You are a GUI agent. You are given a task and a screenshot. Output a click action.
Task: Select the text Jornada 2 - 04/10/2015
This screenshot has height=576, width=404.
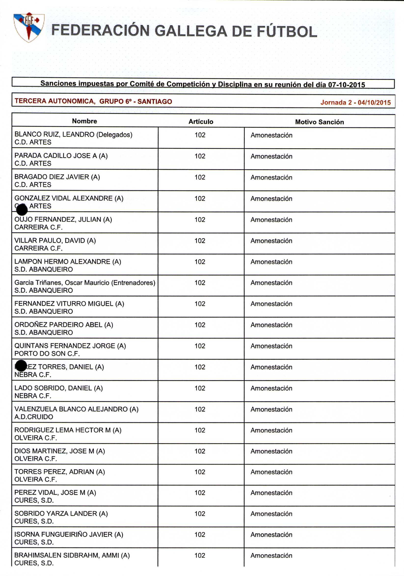tap(355, 102)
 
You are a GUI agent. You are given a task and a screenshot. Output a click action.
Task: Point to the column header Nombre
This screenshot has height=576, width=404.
tap(84, 121)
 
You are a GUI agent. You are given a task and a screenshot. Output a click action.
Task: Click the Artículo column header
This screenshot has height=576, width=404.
tap(201, 122)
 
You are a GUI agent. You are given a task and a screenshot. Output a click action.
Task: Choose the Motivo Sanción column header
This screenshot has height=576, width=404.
tap(319, 122)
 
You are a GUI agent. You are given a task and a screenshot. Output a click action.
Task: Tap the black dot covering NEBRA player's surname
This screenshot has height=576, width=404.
tap(21, 365)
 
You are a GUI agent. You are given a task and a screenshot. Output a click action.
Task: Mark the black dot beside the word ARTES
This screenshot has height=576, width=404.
tap(22, 210)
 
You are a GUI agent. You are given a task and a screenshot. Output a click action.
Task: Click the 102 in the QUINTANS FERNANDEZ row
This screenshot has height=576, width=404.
tap(200, 346)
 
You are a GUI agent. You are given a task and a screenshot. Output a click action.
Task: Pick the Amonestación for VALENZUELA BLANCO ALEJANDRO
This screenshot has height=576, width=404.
tap(271, 409)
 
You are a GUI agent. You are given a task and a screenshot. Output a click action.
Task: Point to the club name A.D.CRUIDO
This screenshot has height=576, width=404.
tap(34, 417)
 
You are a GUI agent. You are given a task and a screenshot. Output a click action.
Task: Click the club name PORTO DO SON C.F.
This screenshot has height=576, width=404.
tap(47, 354)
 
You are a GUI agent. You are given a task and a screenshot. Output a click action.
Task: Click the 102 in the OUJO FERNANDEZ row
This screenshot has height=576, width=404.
tap(200, 219)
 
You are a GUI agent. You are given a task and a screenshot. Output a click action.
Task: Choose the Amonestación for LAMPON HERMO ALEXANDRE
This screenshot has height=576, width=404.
tap(271, 262)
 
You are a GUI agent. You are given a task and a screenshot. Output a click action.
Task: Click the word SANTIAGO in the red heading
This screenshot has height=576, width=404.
tap(155, 101)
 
